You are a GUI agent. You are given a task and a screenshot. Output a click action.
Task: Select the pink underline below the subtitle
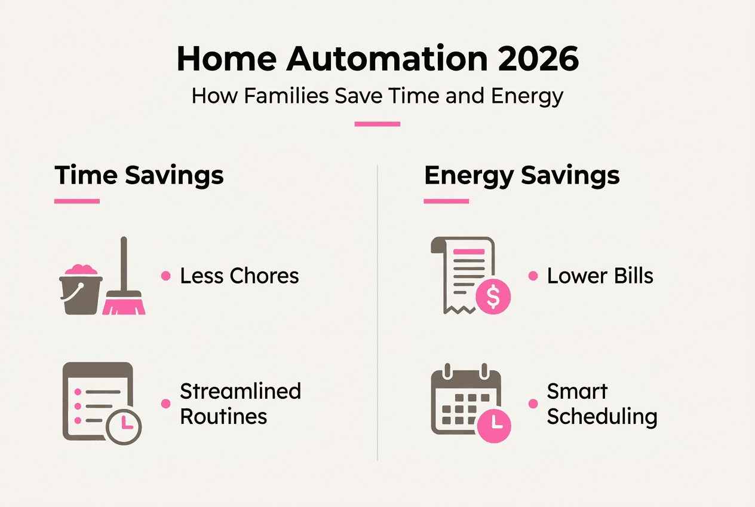(377, 124)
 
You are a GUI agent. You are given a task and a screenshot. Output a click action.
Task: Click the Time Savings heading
(139, 176)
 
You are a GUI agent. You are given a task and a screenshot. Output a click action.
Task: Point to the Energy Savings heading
(521, 176)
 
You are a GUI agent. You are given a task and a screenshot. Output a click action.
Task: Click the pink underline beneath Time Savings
(77, 201)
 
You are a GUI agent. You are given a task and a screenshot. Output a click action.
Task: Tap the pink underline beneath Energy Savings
(446, 201)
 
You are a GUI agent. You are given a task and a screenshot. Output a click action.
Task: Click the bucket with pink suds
(81, 291)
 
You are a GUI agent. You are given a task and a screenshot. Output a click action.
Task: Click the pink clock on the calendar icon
(494, 423)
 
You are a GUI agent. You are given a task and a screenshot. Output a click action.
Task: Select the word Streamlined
(240, 391)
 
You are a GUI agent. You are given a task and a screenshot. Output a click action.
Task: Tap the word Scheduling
(601, 417)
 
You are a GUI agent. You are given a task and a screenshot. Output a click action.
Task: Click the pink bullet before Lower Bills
(533, 276)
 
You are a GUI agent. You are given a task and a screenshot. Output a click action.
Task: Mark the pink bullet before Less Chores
(165, 276)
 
